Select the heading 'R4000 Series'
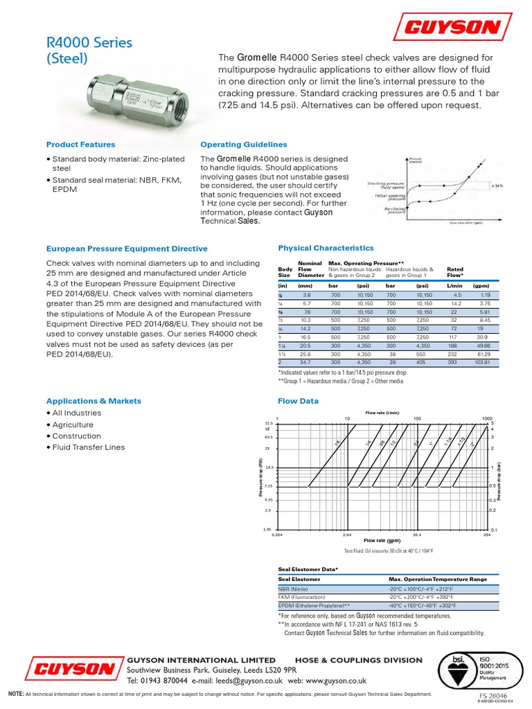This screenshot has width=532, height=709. [89, 43]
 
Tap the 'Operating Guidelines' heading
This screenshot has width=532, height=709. [243, 145]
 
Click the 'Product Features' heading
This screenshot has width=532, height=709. [80, 145]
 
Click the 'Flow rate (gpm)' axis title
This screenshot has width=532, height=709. [384, 541]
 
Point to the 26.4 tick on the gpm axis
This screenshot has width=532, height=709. [418, 535]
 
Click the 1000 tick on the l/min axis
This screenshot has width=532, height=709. [488, 419]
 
